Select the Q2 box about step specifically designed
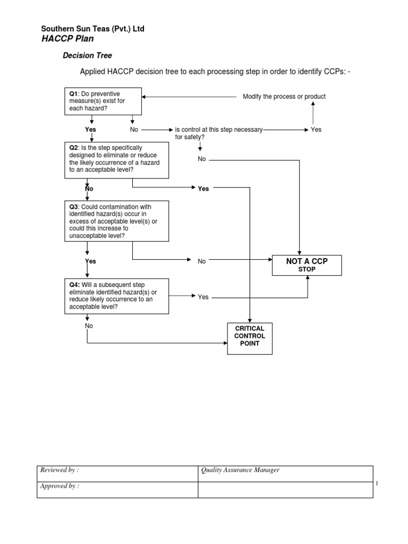[116, 160]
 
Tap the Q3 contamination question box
[116, 221]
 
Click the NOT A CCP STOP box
[307, 265]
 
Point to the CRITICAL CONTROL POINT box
[250, 338]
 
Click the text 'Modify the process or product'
[284, 97]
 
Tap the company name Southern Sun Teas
[93, 29]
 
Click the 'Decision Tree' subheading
[88, 55]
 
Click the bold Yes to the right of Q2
[203, 189]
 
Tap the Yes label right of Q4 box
[203, 297]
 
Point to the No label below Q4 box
[89, 326]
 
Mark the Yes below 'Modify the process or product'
[316, 129]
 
